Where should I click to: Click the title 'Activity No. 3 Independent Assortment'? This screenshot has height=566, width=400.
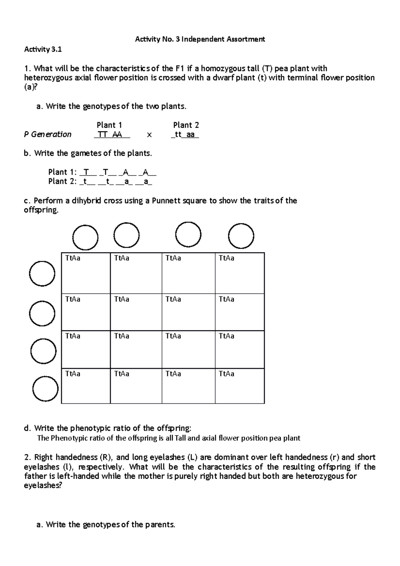(x=200, y=39)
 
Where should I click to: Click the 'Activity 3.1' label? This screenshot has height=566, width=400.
(x=43, y=50)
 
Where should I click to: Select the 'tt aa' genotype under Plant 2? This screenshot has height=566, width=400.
(x=185, y=135)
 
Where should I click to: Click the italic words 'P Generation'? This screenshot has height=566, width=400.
(x=48, y=134)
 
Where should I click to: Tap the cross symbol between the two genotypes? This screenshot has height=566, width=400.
(x=149, y=135)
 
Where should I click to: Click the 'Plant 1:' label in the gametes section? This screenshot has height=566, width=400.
(x=62, y=172)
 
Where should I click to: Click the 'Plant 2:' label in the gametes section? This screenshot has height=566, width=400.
(x=62, y=181)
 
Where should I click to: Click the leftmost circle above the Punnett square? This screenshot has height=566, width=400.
(x=85, y=238)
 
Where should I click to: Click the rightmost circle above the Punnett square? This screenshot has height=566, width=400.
(x=241, y=236)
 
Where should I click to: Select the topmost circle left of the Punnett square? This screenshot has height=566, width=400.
(x=42, y=273)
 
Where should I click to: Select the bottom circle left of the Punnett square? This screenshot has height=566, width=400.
(x=45, y=389)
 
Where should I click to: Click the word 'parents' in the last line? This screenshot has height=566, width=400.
(x=161, y=525)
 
